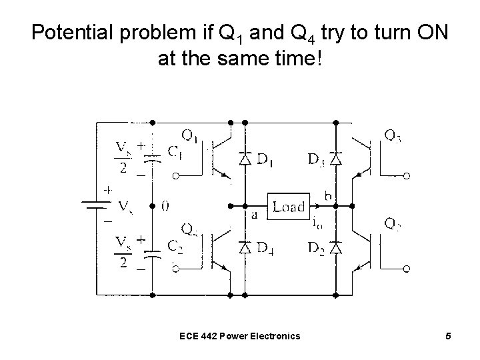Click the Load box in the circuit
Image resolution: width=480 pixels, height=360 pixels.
pos(287,207)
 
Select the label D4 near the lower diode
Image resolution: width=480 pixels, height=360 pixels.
pos(266,247)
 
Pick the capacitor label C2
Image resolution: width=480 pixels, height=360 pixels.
pos(175,246)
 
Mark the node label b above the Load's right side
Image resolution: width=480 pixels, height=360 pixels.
pos(328,195)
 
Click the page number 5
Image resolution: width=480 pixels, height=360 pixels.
pos(449,335)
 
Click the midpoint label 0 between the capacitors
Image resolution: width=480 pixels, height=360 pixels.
pos(165,207)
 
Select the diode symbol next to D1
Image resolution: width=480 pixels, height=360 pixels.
pos(245,159)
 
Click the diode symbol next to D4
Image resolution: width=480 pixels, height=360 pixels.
pos(245,247)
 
